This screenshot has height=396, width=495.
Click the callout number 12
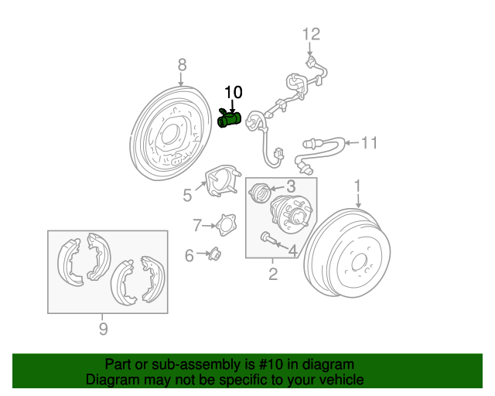[x=310, y=34]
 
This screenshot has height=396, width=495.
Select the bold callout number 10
[x=233, y=93]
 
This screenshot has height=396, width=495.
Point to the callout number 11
[x=370, y=142]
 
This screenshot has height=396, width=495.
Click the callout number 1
[x=358, y=186]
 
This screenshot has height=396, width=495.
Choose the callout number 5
[x=187, y=195]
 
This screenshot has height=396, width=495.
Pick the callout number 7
[x=197, y=225]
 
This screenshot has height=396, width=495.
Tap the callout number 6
[x=189, y=255]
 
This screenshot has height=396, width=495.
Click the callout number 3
[x=291, y=186]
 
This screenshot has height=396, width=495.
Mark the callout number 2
[x=273, y=275]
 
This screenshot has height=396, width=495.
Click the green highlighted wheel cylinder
[x=230, y=119]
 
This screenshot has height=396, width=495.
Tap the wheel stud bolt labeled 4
[x=269, y=239]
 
